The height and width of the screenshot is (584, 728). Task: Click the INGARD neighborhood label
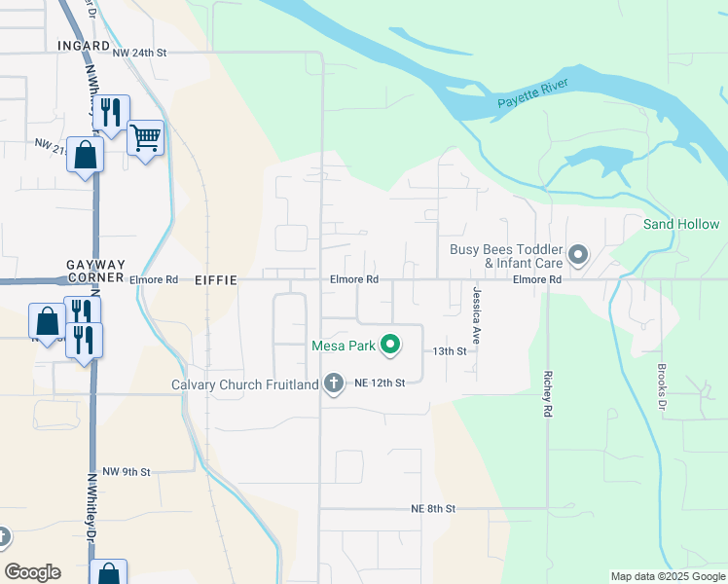coord(83,45)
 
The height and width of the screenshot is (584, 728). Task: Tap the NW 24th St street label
coord(140,53)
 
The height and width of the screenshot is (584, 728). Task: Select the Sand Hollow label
coord(681,224)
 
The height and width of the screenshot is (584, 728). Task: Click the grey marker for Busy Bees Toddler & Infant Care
coord(578,256)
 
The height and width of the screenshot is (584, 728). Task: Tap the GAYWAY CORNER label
coord(95,271)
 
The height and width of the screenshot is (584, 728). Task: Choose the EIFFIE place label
coord(216,279)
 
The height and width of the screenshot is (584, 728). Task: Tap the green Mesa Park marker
coord(390,345)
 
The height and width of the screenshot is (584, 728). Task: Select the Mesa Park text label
coord(344,346)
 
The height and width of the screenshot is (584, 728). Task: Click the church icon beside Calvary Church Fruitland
coord(334,384)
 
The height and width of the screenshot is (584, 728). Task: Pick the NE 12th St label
coord(380,383)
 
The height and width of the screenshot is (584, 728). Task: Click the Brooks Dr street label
coord(661,385)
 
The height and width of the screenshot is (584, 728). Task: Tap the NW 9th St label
coord(127,472)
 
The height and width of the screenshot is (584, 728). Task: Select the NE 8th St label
coord(433,508)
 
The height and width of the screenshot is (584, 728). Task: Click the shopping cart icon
coord(145,138)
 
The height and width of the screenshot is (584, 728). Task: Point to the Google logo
coord(32,572)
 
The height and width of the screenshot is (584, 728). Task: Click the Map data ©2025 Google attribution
coord(668,576)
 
